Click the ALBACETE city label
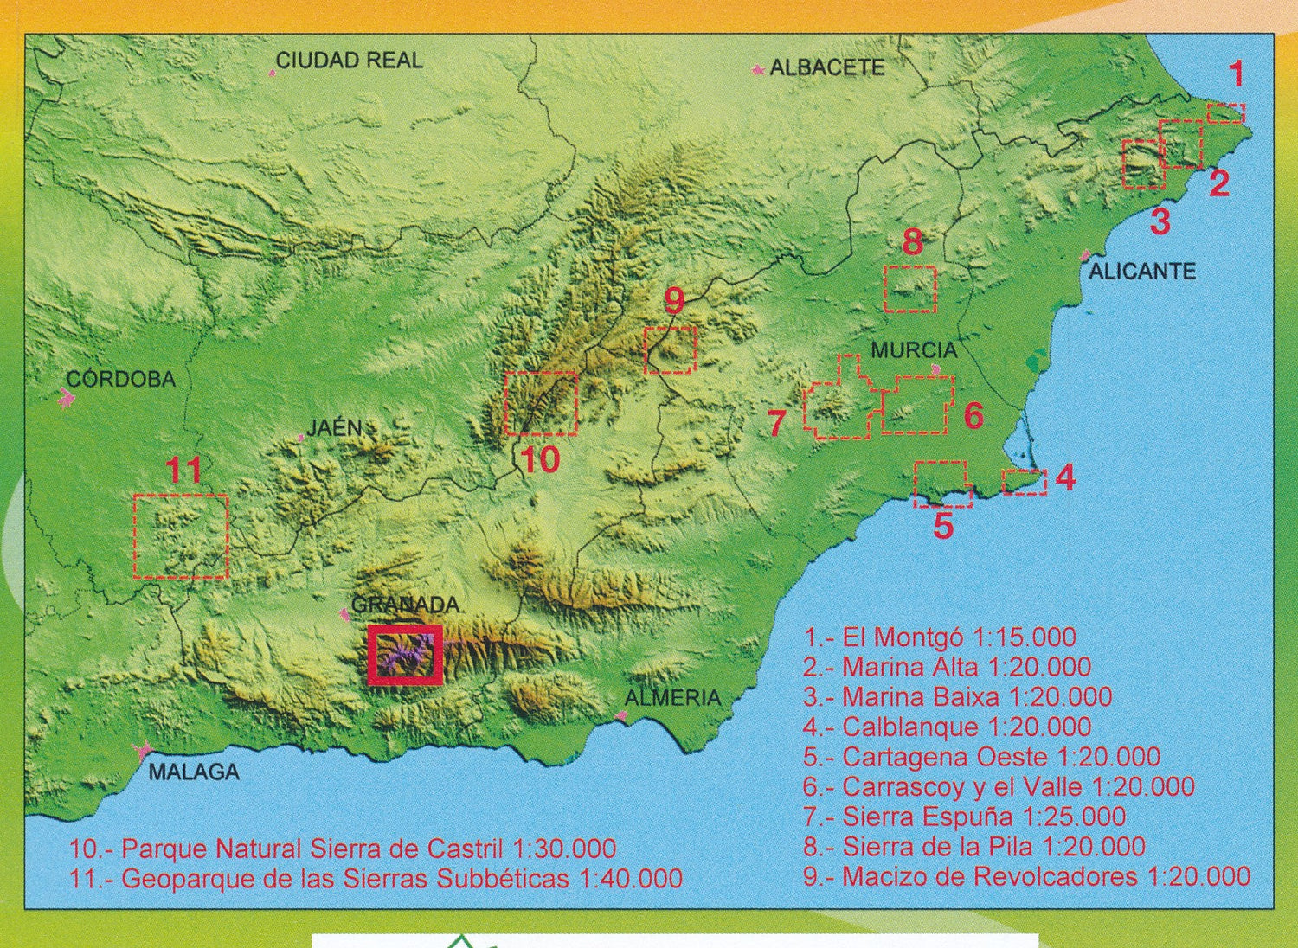826,67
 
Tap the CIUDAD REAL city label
349,60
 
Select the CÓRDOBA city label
121,379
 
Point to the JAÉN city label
335,427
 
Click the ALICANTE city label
1141,271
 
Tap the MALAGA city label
194,772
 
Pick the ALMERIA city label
672,697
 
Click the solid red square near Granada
405,655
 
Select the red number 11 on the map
183,471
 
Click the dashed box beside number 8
910,289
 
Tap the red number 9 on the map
674,301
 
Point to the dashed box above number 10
541,403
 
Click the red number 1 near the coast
1237,74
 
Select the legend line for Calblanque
947,727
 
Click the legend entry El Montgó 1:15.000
940,637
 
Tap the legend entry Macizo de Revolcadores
1026,876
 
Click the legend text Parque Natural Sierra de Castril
343,849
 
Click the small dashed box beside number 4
1024,482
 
